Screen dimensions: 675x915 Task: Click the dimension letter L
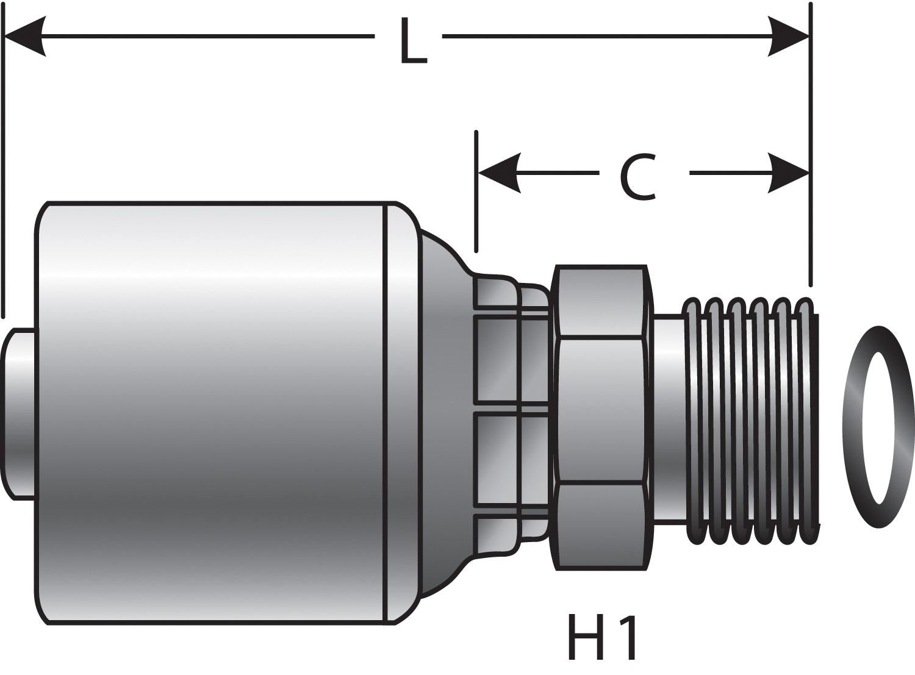pyautogui.click(x=413, y=41)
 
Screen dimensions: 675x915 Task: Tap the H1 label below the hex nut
pyautogui.click(x=603, y=638)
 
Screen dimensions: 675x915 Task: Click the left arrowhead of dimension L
pyautogui.click(x=24, y=37)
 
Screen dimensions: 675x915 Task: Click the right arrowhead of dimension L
pyautogui.click(x=789, y=37)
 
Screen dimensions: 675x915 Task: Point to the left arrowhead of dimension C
pyautogui.click(x=498, y=173)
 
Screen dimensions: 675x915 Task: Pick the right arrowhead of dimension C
pyautogui.click(x=789, y=173)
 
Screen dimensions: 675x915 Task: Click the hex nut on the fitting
pyautogui.click(x=601, y=409)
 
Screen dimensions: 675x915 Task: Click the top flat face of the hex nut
pyautogui.click(x=601, y=300)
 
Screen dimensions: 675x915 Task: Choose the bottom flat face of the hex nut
pyautogui.click(x=601, y=526)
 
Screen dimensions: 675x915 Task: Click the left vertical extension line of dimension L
pyautogui.click(x=4, y=183)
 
